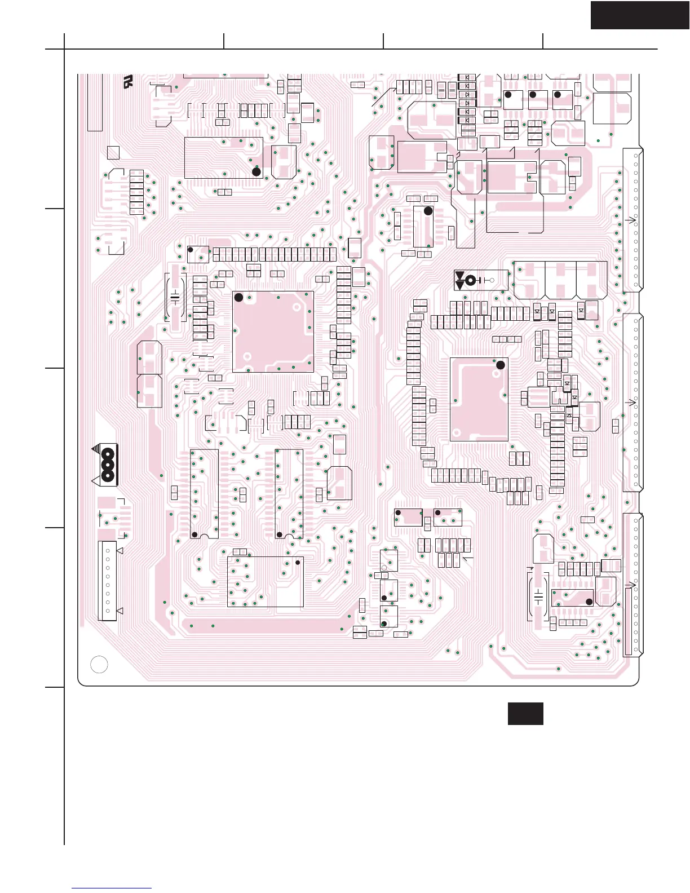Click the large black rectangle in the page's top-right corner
click(x=640, y=15)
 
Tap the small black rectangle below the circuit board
click(x=525, y=713)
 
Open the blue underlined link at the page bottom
click(x=112, y=888)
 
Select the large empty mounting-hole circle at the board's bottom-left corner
click(x=99, y=665)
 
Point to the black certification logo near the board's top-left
click(x=128, y=82)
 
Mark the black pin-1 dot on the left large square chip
click(x=238, y=297)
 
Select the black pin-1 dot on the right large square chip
click(x=500, y=365)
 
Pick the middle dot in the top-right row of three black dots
click(x=533, y=95)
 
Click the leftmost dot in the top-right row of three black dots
click(x=508, y=95)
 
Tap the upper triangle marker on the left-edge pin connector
click(x=120, y=550)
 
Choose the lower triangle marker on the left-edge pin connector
click(x=120, y=611)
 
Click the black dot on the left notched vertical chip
click(x=195, y=534)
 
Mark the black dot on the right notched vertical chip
click(x=279, y=534)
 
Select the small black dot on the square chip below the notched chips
click(x=297, y=563)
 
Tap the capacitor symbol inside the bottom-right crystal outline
click(x=539, y=596)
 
